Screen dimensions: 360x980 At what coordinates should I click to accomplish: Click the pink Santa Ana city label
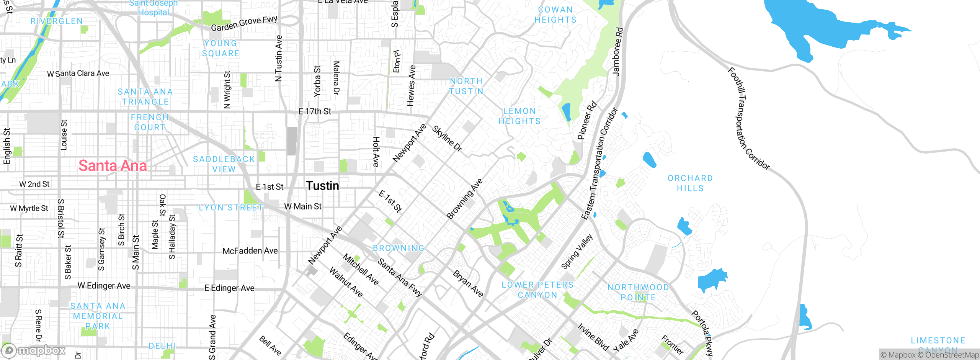click(x=113, y=166)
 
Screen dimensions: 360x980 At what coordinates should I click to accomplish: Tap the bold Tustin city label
click(x=322, y=186)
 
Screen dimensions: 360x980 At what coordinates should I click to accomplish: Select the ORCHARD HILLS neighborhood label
click(x=690, y=183)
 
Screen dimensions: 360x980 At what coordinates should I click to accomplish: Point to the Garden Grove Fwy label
click(x=244, y=24)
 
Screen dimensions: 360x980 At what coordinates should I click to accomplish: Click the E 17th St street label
click(x=315, y=111)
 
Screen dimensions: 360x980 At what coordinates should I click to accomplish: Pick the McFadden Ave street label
click(x=250, y=251)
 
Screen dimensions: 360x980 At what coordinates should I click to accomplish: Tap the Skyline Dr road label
click(x=447, y=138)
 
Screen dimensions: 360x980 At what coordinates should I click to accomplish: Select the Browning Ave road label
click(x=464, y=199)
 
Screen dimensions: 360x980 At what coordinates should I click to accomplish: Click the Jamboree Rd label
click(x=617, y=52)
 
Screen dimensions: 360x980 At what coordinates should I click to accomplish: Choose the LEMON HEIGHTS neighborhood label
click(x=519, y=116)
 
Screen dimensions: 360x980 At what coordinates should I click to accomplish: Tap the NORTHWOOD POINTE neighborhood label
click(x=638, y=292)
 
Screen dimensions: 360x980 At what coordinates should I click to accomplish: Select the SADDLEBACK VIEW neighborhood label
click(x=224, y=164)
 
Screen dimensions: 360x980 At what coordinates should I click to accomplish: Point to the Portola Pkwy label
click(x=702, y=334)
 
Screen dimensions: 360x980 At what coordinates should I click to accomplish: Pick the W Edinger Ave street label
click(x=104, y=286)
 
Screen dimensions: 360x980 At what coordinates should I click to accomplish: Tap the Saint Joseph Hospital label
click(x=154, y=8)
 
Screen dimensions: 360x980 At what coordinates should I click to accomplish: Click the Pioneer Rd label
click(x=586, y=120)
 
